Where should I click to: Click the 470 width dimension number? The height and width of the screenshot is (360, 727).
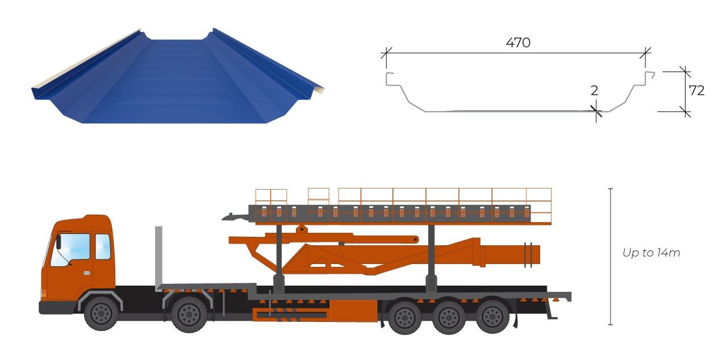[518, 43]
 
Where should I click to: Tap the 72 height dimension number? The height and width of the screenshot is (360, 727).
[696, 90]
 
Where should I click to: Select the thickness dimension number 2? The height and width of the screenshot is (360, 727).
[594, 90]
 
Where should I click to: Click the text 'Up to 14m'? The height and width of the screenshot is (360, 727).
[651, 253]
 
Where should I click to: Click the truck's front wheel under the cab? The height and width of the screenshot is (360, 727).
[101, 313]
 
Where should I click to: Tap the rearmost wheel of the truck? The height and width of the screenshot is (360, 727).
[492, 317]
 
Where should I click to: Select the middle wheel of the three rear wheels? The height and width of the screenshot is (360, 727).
[449, 317]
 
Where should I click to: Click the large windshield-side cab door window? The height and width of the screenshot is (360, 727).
[70, 250]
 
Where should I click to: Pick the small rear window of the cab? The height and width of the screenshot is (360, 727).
[103, 246]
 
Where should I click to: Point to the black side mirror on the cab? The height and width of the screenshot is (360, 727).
[59, 242]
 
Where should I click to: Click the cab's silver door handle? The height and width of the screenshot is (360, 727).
[87, 273]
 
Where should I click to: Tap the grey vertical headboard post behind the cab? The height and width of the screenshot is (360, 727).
[158, 258]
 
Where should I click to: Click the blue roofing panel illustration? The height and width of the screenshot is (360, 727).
[178, 76]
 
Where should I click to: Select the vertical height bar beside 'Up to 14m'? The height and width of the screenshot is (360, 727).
[611, 256]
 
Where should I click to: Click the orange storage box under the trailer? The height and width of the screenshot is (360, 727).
[353, 311]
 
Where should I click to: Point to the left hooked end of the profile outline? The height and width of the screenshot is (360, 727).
[389, 78]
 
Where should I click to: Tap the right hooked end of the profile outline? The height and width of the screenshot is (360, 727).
[650, 76]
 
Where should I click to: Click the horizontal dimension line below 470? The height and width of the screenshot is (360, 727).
[516, 53]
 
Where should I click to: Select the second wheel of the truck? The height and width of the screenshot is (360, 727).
[189, 314]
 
